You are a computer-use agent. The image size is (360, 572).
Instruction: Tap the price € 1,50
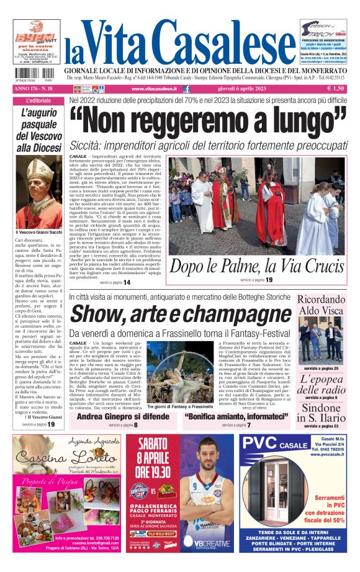336,89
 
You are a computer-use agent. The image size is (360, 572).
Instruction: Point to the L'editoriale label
39,101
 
